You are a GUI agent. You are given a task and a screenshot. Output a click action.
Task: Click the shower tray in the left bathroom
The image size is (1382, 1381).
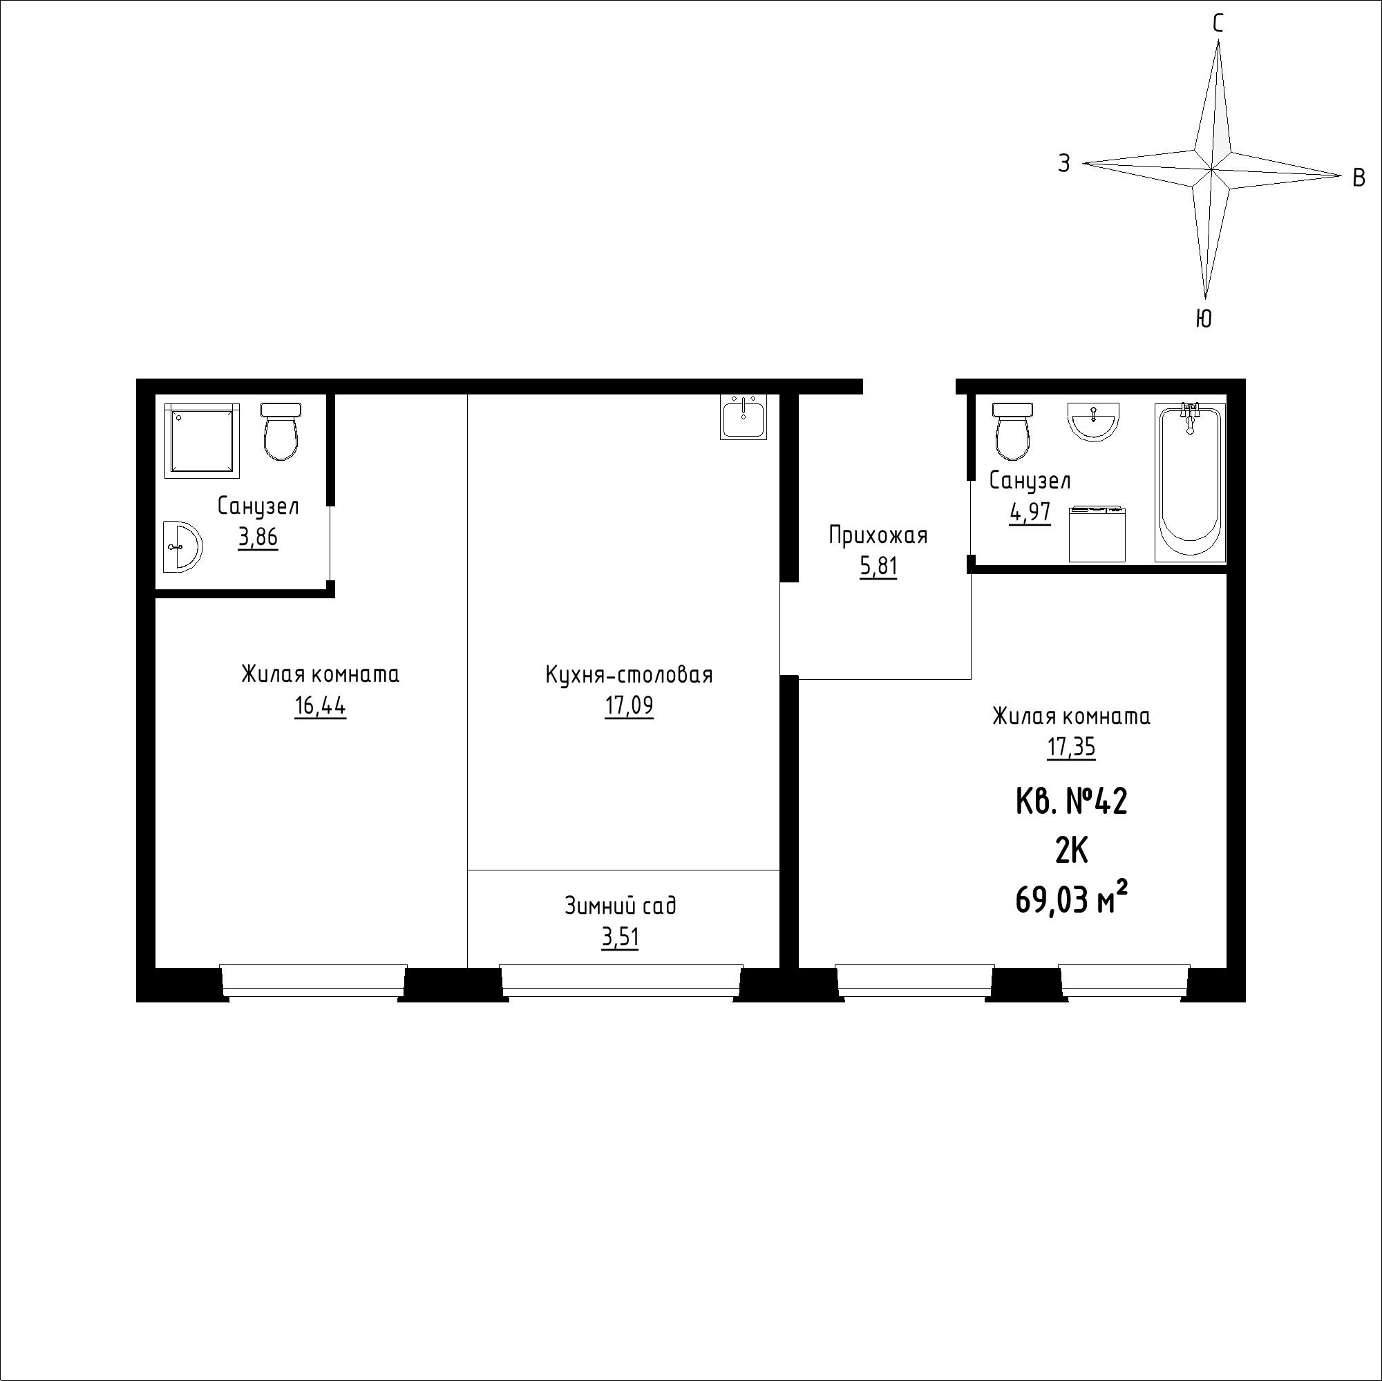(x=202, y=441)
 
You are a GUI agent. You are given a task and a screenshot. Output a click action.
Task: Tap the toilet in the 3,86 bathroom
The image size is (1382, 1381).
(x=281, y=431)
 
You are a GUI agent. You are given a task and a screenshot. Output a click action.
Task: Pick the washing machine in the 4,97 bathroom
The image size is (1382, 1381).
(x=1097, y=534)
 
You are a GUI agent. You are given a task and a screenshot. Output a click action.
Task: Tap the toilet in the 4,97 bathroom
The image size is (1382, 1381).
(x=1012, y=431)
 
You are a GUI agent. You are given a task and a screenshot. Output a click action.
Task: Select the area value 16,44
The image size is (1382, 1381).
(x=320, y=707)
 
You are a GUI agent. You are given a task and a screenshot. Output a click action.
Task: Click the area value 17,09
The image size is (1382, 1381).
(x=629, y=707)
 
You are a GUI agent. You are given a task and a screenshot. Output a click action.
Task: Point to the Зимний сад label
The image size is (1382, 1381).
(x=621, y=906)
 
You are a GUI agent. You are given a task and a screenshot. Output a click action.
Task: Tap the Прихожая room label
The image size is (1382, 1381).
(x=878, y=535)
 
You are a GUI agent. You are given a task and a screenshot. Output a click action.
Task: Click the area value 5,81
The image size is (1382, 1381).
(x=878, y=567)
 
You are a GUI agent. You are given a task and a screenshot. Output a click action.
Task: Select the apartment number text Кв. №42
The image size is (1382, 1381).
(x=1072, y=801)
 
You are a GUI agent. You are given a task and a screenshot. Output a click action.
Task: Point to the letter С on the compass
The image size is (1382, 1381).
(x=1218, y=24)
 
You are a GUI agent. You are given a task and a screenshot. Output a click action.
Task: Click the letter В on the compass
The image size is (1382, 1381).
(x=1359, y=178)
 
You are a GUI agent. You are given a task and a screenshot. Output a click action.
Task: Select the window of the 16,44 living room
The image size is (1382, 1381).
(x=313, y=980)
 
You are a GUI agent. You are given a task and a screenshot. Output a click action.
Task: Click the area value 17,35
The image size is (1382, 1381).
(x=1072, y=748)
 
